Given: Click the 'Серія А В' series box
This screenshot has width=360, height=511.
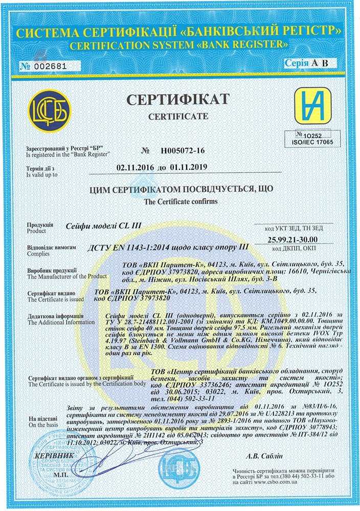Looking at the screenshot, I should [310, 63].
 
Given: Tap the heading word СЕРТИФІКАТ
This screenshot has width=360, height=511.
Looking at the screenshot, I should [178, 99].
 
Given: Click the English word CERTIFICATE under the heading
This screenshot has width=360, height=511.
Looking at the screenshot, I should [178, 117].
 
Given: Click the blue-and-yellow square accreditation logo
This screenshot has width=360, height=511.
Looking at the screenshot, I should [312, 106].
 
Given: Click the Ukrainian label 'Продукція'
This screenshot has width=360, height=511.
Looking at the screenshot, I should [39, 225].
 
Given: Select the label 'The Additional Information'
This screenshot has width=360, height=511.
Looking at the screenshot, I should [61, 322].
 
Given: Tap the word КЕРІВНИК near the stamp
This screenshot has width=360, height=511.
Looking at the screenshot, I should [51, 456].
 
